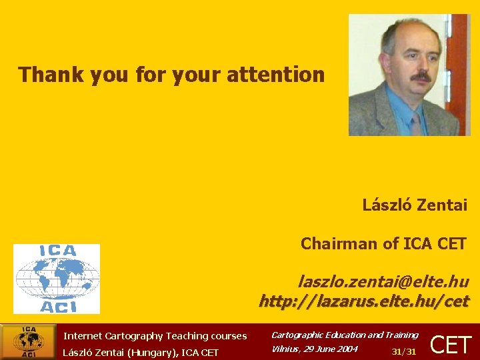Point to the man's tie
(x=417, y=123)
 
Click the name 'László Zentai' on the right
(x=415, y=205)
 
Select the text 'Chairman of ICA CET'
(x=383, y=244)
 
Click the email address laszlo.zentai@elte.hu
(x=383, y=282)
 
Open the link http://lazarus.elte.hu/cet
(x=364, y=301)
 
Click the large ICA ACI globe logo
(x=57, y=278)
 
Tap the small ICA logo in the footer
(x=29, y=342)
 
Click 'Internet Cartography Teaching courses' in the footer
(x=155, y=336)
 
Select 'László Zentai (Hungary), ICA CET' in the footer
(x=141, y=352)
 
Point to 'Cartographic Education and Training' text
(x=345, y=335)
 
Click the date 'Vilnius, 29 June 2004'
(x=314, y=349)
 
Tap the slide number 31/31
(x=404, y=351)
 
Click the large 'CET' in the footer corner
(x=451, y=345)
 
